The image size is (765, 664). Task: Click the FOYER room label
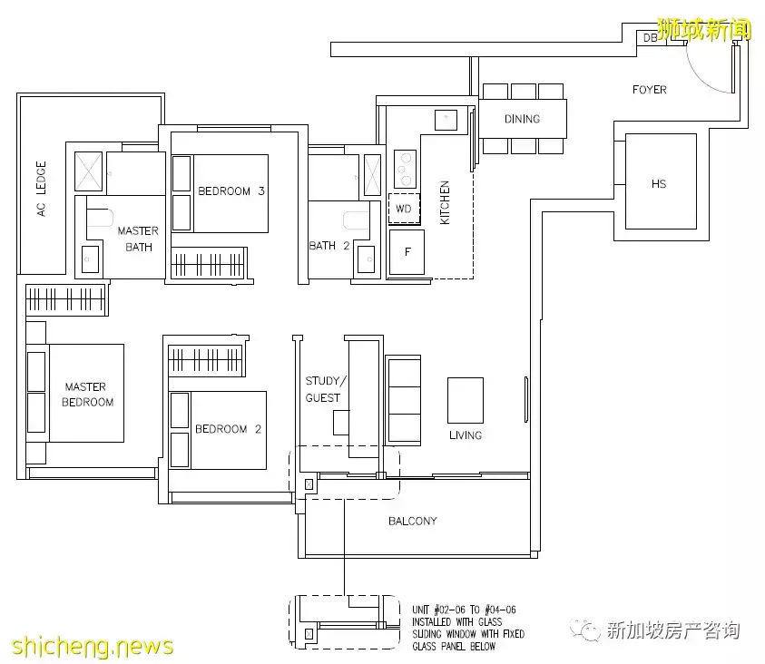tap(649, 90)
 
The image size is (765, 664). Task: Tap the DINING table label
tap(522, 119)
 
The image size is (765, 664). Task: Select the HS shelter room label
tap(659, 184)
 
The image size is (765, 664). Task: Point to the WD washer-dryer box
tap(404, 209)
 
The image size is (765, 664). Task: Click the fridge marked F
tap(407, 251)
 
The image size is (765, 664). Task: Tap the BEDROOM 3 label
tap(230, 191)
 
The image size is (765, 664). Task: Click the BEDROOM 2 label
tap(228, 429)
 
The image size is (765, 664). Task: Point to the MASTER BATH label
tap(137, 239)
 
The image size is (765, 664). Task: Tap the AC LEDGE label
tap(41, 190)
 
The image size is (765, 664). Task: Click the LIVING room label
tap(465, 435)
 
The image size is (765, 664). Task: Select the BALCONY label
tap(413, 522)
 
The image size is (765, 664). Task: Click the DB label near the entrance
tap(650, 38)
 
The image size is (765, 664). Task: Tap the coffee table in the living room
tap(465, 400)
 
